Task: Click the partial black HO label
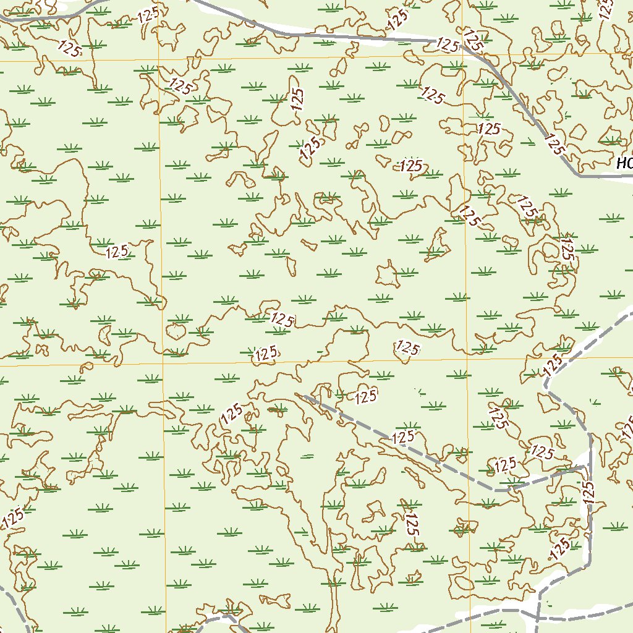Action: pyautogui.click(x=624, y=164)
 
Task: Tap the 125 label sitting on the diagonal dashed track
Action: pyautogui.click(x=402, y=437)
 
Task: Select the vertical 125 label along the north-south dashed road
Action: pyautogui.click(x=588, y=491)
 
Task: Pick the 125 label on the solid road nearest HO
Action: pyautogui.click(x=555, y=143)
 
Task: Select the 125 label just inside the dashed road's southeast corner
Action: pyautogui.click(x=560, y=548)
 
